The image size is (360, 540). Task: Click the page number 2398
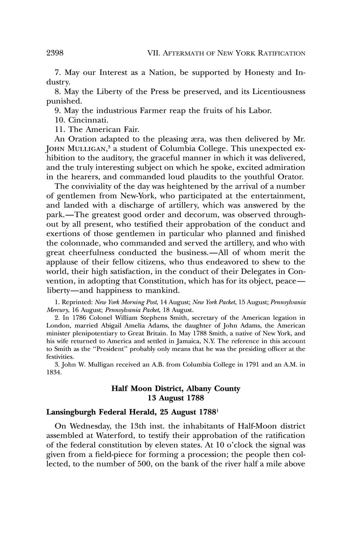coord(55,53)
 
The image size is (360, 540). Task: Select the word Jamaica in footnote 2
coord(187,341)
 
